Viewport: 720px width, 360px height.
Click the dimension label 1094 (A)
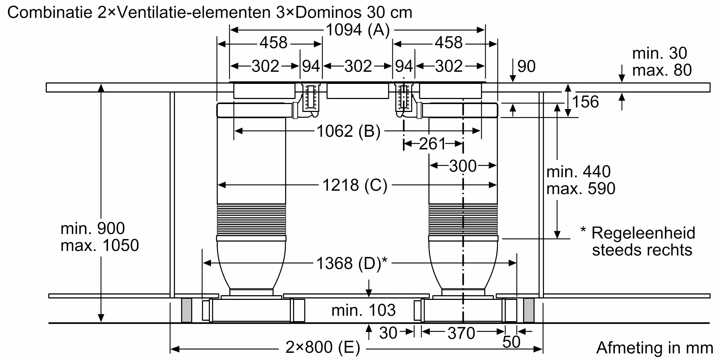(357, 30)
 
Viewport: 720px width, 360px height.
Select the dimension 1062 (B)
(348, 131)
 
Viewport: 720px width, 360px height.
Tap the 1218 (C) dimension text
(355, 185)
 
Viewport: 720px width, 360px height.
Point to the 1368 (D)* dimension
(352, 263)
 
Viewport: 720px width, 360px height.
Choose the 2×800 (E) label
(323, 347)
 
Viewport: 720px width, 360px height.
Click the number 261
(432, 144)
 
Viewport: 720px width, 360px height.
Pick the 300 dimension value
(463, 166)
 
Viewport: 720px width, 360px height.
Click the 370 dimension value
(461, 333)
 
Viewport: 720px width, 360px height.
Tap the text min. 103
(364, 310)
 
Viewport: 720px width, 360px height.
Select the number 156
(585, 102)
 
